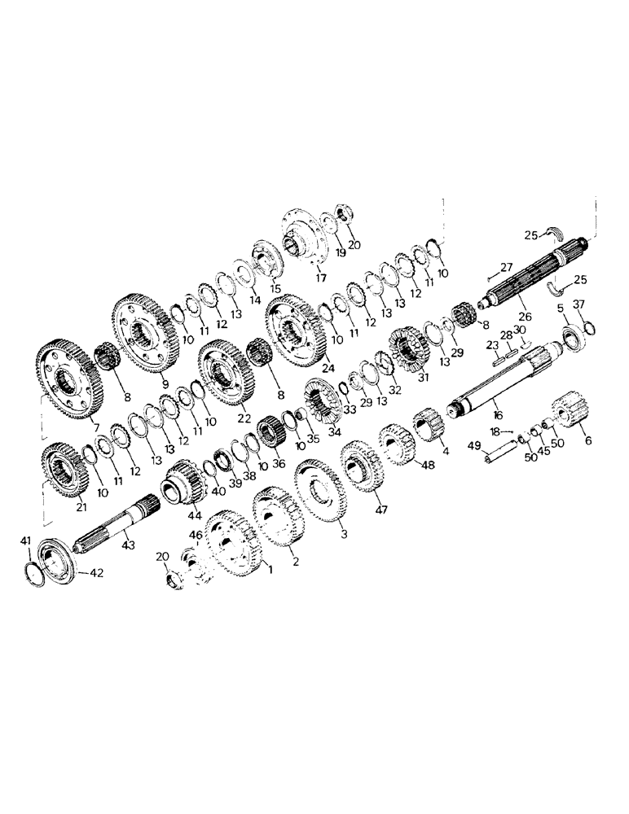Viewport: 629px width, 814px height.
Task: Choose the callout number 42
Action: [x=97, y=574]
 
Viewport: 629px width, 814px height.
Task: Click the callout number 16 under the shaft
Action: [x=498, y=414]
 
